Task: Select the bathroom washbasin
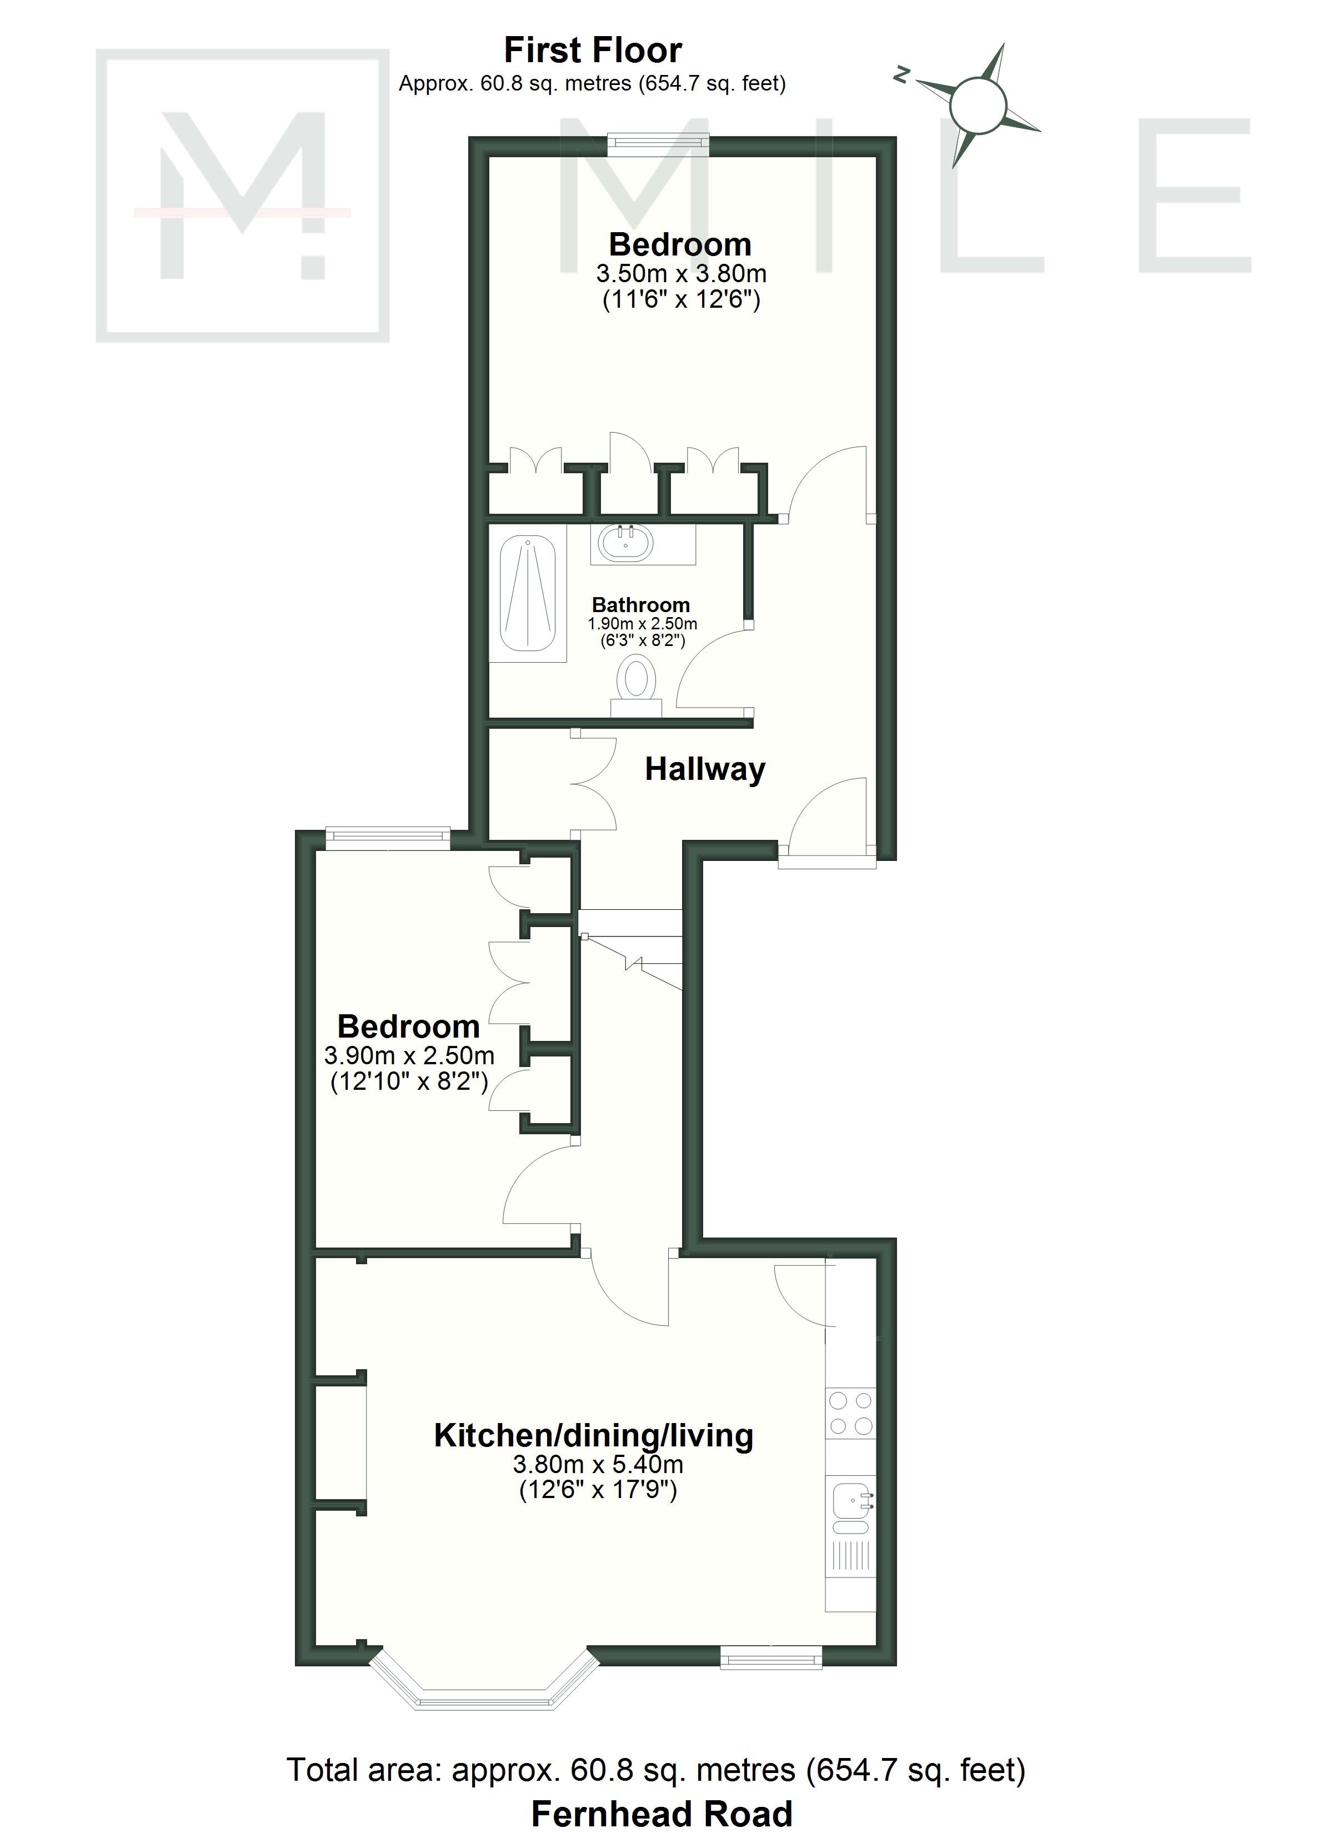click(x=626, y=542)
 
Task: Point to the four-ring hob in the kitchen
click(x=850, y=1413)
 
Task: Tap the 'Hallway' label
click(x=705, y=769)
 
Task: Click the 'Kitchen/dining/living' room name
click(x=593, y=1435)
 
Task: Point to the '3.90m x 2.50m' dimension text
click(x=409, y=1055)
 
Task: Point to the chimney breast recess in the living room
click(x=340, y=1441)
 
